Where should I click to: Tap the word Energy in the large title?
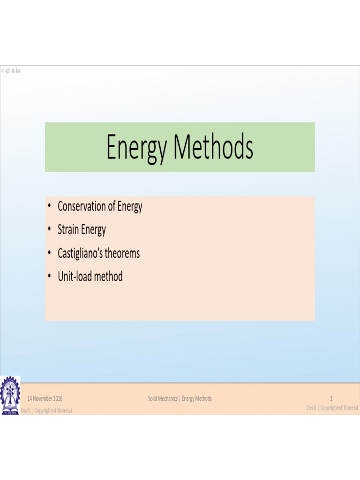[x=136, y=148]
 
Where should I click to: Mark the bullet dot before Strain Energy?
[x=49, y=230]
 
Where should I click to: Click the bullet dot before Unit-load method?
[x=49, y=277]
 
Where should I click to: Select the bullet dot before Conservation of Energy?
[x=49, y=206]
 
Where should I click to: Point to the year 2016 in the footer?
[x=58, y=399]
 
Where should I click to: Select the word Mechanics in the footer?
[x=169, y=399]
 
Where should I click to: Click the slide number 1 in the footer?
[x=331, y=399]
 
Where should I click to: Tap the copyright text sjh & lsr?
[x=11, y=71]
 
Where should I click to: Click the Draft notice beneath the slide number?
[x=332, y=408]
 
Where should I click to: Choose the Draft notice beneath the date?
[x=46, y=411]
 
